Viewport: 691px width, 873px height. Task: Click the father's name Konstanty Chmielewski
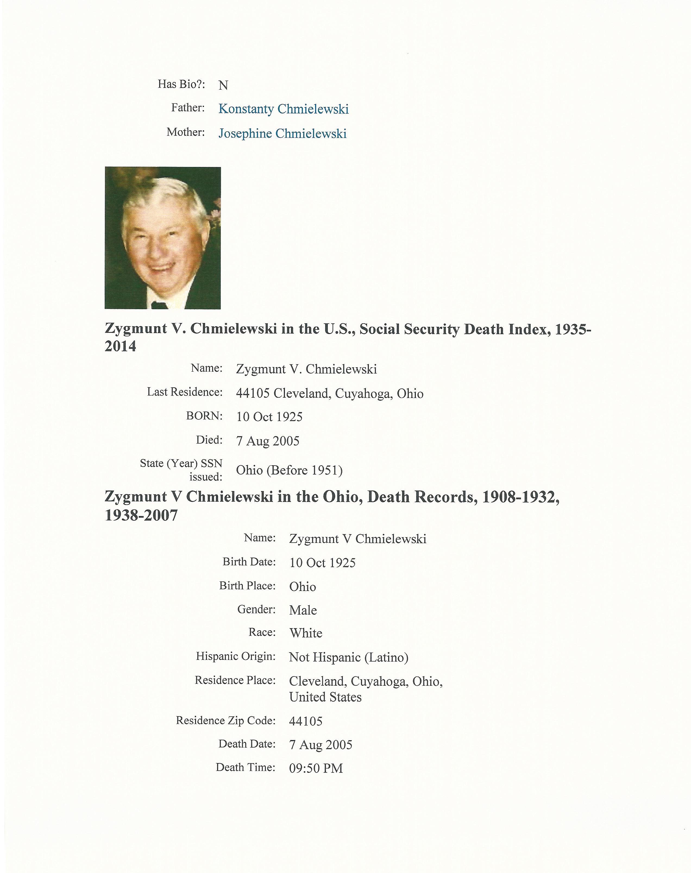[283, 109]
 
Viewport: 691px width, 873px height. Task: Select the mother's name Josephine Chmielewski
[282, 134]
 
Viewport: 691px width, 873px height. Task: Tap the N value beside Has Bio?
[223, 85]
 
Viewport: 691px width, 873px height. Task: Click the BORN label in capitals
[204, 416]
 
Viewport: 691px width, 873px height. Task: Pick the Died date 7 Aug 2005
[268, 441]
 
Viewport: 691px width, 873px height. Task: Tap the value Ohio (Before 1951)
[289, 470]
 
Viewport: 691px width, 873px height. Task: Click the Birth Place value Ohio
[302, 587]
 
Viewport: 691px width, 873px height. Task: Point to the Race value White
[306, 633]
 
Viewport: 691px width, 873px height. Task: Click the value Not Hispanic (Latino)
[348, 657]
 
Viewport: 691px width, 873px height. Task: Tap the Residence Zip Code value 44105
[306, 721]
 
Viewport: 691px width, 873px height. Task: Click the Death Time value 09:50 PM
[316, 768]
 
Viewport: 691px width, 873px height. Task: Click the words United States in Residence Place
[325, 697]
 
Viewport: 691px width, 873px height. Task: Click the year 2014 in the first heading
[121, 347]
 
